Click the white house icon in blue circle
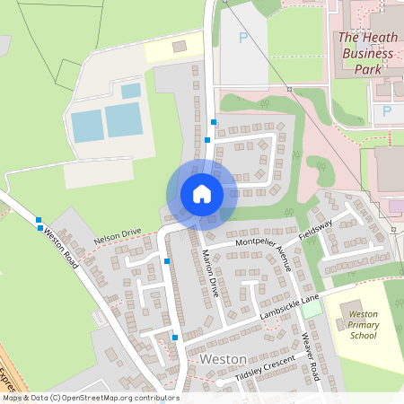point(202,193)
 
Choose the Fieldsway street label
point(315,228)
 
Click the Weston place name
point(224,358)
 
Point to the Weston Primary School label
point(363,325)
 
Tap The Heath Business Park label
point(366,52)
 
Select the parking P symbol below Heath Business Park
point(388,110)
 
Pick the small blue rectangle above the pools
point(131,91)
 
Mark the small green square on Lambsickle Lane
point(312,308)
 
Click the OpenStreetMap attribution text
point(90,398)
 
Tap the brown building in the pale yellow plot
point(180,44)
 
